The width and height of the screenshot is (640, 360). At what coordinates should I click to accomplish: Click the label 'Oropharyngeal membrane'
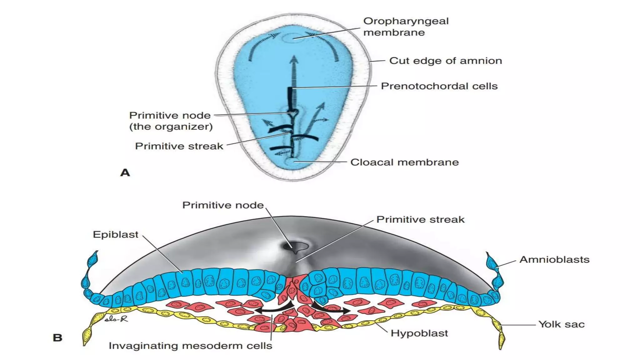click(406, 27)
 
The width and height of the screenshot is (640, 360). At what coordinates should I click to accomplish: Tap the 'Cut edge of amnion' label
click(445, 61)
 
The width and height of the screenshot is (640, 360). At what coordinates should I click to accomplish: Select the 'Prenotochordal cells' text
click(439, 86)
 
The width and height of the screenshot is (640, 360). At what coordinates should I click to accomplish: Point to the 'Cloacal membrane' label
click(404, 162)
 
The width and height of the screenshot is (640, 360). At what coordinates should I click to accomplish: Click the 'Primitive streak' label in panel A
click(179, 146)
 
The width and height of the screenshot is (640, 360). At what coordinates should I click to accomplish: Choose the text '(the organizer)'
click(171, 127)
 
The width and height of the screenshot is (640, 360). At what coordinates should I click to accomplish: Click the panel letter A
click(125, 172)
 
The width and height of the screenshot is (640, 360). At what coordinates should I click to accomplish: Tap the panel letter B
click(57, 338)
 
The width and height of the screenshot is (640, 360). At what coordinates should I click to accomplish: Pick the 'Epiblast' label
click(115, 235)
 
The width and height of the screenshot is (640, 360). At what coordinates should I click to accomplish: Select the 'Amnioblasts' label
click(554, 260)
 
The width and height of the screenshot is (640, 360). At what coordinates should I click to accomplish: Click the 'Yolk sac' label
click(561, 324)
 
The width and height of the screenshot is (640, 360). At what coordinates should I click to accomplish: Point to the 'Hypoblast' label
click(419, 333)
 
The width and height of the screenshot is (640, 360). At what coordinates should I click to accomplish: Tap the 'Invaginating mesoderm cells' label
click(190, 346)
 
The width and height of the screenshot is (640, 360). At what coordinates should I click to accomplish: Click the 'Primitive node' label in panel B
click(223, 205)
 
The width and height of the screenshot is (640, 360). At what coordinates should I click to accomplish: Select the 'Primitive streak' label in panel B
click(420, 219)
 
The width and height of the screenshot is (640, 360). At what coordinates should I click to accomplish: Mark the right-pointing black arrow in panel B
click(333, 309)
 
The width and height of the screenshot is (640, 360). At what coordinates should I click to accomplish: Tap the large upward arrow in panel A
click(293, 72)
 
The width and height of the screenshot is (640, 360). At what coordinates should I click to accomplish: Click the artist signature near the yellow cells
click(116, 319)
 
